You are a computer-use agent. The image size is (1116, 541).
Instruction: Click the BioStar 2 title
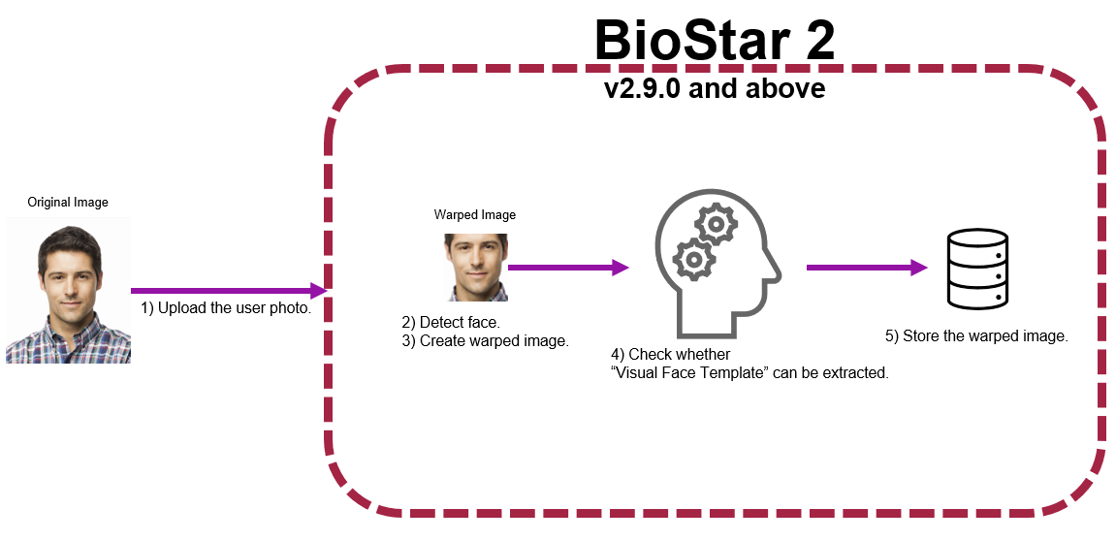point(714,41)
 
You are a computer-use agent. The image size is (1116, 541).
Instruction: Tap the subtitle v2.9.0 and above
point(715,88)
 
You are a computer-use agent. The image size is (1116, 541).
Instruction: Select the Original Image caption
point(68,203)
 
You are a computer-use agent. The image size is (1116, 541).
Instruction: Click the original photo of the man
point(68,290)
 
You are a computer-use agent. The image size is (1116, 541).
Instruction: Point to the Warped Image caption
point(475,214)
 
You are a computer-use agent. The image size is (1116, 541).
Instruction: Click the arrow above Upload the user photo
point(229,290)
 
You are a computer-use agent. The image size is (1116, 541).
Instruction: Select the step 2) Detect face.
point(451,321)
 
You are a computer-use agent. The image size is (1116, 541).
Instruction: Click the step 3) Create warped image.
point(485,340)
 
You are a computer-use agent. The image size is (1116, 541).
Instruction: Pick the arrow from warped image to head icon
point(568,268)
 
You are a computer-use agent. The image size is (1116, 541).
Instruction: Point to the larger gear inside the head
point(694,259)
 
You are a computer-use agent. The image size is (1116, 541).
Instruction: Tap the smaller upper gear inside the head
point(717,225)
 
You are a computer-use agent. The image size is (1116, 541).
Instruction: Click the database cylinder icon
point(976,269)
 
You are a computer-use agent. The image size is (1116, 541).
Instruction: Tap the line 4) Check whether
point(670,354)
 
